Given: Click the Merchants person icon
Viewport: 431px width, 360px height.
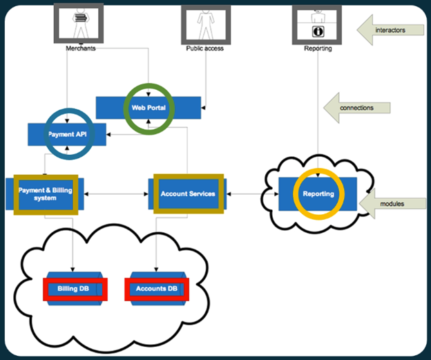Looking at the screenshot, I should [x=78, y=23].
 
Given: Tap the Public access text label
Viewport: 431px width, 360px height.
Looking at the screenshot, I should [x=204, y=49].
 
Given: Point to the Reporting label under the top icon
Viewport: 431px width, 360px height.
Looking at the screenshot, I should [x=318, y=49].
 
